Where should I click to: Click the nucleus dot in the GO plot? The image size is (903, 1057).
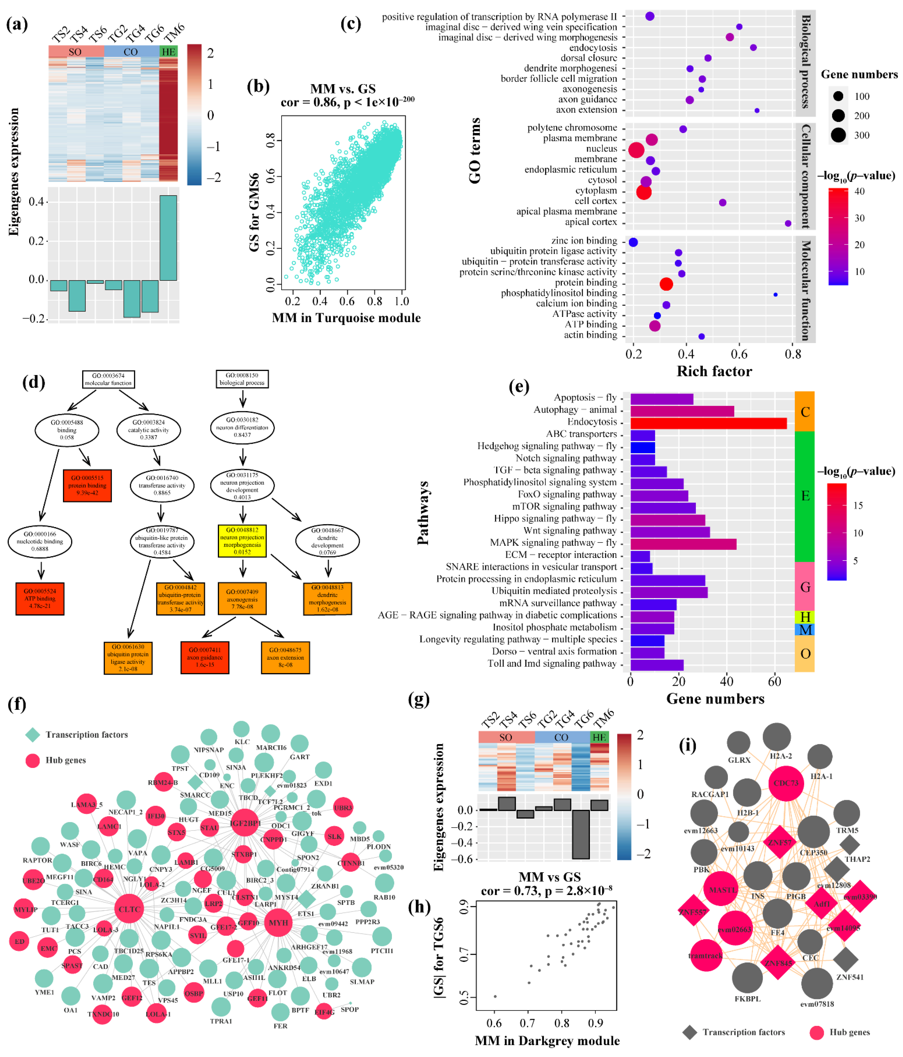(636, 150)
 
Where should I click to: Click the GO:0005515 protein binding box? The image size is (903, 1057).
(87, 486)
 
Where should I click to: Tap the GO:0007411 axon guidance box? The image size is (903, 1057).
(205, 658)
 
